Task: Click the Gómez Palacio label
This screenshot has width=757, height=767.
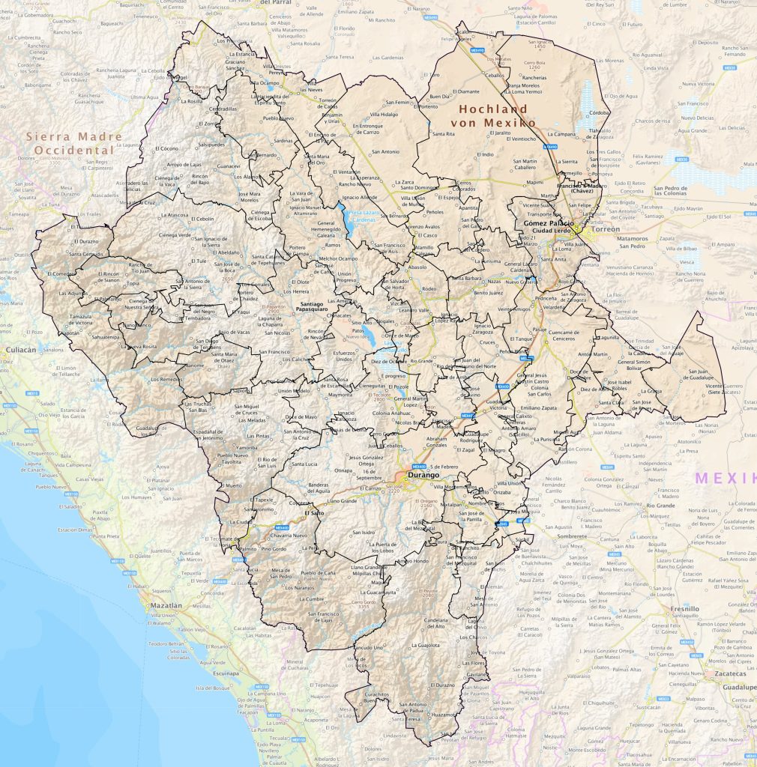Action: pyautogui.click(x=549, y=224)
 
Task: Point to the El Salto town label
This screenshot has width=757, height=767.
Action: pyautogui.click(x=314, y=514)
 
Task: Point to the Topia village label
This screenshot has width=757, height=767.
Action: pyautogui.click(x=133, y=284)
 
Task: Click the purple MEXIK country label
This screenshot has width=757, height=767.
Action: pyautogui.click(x=723, y=478)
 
